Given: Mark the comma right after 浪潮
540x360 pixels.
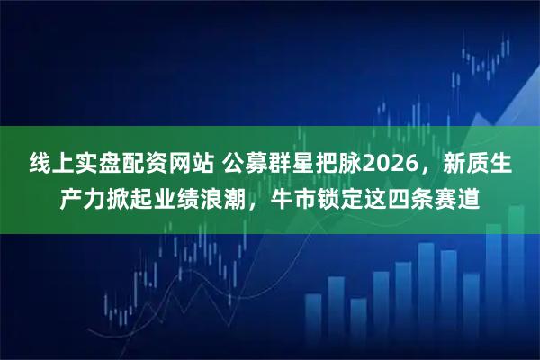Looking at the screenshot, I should [256, 203].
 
